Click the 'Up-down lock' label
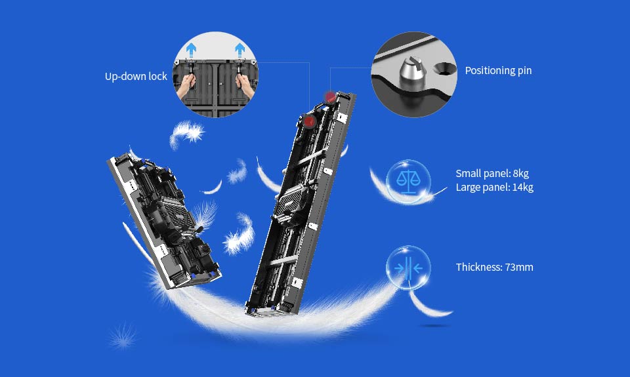click(x=136, y=76)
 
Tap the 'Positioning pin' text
click(x=498, y=71)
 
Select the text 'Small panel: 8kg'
click(x=492, y=174)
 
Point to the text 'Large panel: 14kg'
click(x=495, y=187)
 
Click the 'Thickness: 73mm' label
click(x=495, y=267)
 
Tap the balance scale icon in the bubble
click(x=408, y=182)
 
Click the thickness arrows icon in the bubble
click(x=408, y=268)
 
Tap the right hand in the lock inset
click(x=245, y=85)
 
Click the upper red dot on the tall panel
click(x=330, y=97)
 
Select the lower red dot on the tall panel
click(x=309, y=121)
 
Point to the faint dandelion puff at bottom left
click(x=123, y=336)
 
